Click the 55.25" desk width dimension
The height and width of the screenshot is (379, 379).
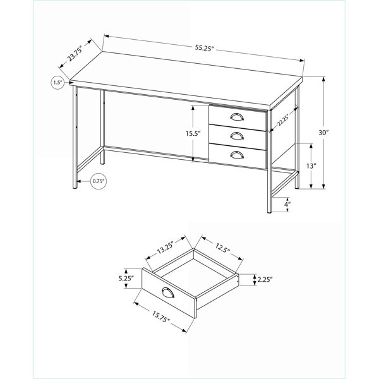pyautogui.click(x=205, y=48)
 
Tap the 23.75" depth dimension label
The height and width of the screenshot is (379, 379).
pyautogui.click(x=75, y=54)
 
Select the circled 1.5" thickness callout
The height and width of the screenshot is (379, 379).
pyautogui.click(x=57, y=82)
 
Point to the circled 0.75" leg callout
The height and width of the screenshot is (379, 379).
pyautogui.click(x=99, y=181)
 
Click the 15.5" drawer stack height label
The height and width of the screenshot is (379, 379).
pyautogui.click(x=193, y=133)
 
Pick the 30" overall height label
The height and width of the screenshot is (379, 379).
pyautogui.click(x=323, y=133)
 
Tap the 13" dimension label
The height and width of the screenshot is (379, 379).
pyautogui.click(x=311, y=166)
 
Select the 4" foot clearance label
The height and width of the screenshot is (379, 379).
pyautogui.click(x=287, y=205)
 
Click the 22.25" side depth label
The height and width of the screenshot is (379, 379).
pyautogui.click(x=283, y=120)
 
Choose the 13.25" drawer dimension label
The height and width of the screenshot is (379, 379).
pyautogui.click(x=165, y=248)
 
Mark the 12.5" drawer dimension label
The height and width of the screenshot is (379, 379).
pyautogui.click(x=222, y=248)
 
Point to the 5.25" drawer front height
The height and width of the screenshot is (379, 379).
pyautogui.click(x=126, y=279)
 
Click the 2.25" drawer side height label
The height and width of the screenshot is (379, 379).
pyautogui.click(x=265, y=280)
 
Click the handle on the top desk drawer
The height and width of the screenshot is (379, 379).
pyautogui.click(x=237, y=117)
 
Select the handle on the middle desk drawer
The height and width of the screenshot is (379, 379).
pyautogui.click(x=237, y=136)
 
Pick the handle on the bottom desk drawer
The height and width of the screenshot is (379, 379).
pyautogui.click(x=237, y=155)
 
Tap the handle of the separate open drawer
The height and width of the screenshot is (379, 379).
pyautogui.click(x=168, y=292)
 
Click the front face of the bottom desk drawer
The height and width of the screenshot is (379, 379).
pyautogui.click(x=238, y=156)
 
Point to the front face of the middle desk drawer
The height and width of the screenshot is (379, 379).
pyautogui.click(x=238, y=137)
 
